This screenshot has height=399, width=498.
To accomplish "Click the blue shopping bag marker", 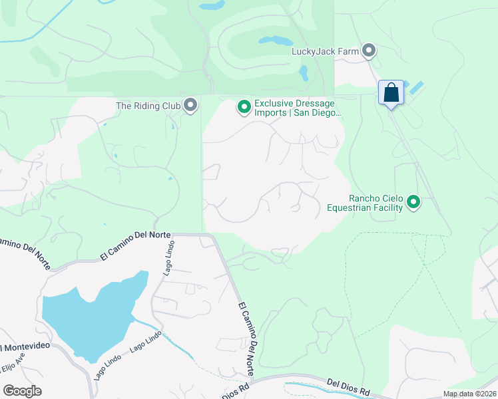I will tap(391, 92).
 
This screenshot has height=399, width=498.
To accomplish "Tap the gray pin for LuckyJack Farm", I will tap(369, 51).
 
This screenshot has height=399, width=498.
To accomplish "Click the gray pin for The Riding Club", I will tap(191, 105).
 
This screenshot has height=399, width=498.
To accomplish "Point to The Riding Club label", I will tap(148, 105).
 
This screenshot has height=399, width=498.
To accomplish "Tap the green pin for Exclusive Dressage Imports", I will tap(244, 106).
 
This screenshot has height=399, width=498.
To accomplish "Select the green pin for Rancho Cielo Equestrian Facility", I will tap(413, 201).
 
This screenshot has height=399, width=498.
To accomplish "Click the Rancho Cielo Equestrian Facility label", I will tap(365, 203).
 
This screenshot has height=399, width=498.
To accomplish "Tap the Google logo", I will tap(22, 391).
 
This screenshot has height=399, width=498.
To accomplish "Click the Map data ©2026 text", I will tap(469, 394).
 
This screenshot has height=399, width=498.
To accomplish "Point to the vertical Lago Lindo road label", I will tap(168, 257).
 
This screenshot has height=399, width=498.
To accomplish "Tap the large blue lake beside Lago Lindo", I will tap(87, 319).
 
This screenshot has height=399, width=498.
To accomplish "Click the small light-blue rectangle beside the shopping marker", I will tap(416, 87).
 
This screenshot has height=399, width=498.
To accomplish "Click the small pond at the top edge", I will tap(212, 5).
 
